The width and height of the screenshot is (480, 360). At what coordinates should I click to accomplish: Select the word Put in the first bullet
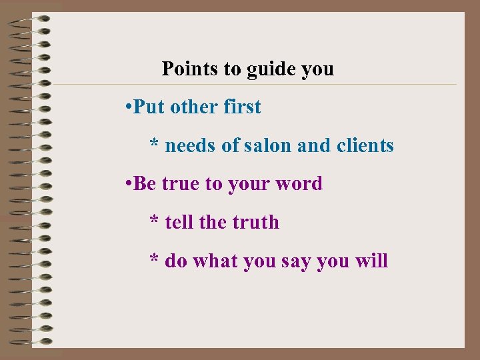(149, 107)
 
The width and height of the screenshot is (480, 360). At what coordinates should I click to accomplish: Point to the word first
(242, 107)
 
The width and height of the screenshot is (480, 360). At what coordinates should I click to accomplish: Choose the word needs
(190, 145)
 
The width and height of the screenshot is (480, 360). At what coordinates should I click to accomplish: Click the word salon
(267, 145)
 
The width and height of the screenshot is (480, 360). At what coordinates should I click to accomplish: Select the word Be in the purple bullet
(144, 184)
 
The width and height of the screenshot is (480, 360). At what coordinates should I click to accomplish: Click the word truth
(255, 222)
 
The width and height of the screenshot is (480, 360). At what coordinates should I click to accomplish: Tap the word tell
(178, 222)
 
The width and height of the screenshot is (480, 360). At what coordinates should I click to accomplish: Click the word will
(372, 261)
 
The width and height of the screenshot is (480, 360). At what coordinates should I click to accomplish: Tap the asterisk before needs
(154, 144)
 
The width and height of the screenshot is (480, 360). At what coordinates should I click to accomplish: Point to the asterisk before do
(154, 259)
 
